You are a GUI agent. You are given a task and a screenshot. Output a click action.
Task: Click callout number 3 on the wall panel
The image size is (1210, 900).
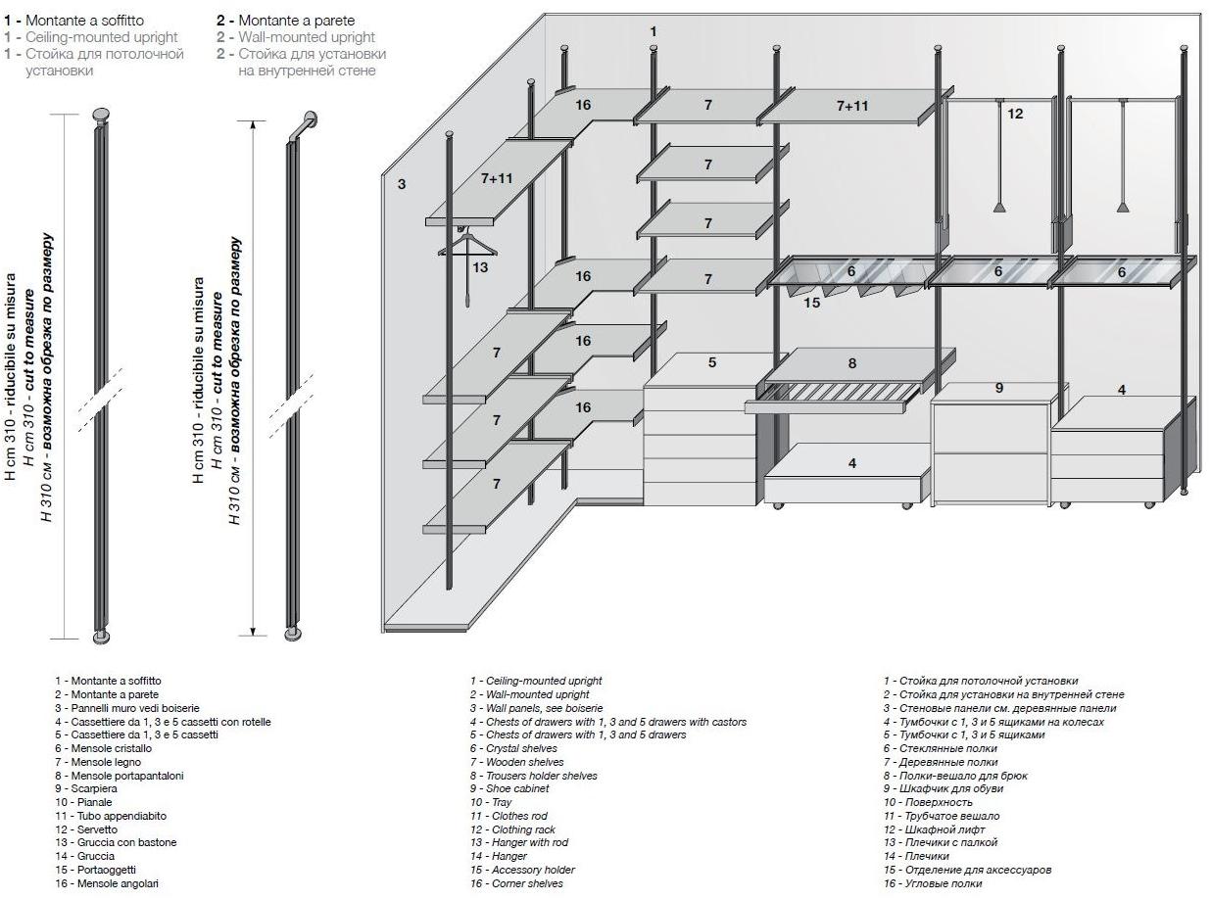[x=402, y=183]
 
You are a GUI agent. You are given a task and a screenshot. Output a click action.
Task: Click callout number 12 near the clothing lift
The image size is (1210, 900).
[x=1015, y=114]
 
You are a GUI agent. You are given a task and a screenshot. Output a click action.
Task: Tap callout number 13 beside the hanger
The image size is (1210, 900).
[x=480, y=266]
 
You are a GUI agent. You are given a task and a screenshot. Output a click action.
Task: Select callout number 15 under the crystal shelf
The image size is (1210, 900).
[x=812, y=303]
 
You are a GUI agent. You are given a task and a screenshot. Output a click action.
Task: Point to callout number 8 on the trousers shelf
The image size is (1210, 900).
[x=852, y=363]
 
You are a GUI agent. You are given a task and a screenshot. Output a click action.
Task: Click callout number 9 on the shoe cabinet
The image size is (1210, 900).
[x=999, y=388]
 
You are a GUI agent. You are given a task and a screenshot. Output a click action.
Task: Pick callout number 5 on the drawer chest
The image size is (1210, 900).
[x=712, y=362]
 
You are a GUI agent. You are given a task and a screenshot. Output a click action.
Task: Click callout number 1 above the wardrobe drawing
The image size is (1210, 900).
[x=653, y=31]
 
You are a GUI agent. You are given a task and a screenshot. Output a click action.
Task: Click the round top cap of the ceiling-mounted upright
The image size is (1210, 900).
[x=101, y=114]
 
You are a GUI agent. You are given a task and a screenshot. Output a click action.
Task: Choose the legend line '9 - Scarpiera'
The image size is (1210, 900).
[x=93, y=788]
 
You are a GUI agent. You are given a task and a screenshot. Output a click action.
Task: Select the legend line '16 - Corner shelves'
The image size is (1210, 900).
[x=516, y=883]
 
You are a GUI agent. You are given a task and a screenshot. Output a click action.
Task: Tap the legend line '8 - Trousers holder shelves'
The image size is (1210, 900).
[x=533, y=776]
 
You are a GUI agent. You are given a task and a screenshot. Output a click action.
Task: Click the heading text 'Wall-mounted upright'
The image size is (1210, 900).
[x=307, y=37]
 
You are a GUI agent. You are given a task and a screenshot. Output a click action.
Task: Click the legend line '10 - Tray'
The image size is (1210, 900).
[x=491, y=802]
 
